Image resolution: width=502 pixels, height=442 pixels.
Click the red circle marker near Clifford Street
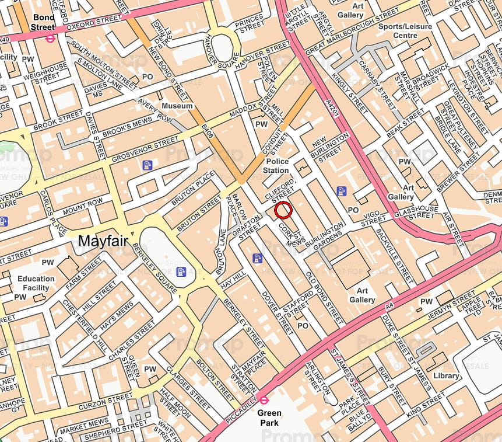click(283, 210)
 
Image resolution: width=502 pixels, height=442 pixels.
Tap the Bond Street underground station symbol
click(51, 39)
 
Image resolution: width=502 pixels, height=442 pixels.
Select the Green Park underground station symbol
click(264, 400)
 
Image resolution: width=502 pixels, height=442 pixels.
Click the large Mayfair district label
click(103, 240)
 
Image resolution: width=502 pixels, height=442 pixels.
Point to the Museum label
click(177, 106)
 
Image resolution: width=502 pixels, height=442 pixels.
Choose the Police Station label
click(276, 166)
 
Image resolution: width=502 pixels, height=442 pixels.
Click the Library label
click(446, 375)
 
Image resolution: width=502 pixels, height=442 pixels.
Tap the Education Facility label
click(36, 283)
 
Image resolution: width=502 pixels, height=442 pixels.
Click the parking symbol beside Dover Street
click(257, 258)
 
